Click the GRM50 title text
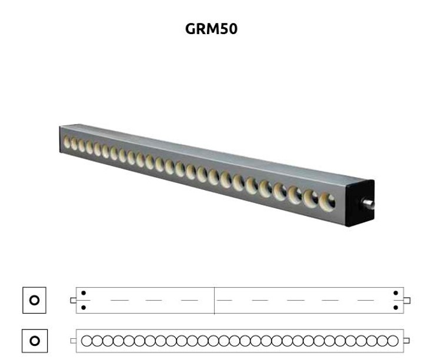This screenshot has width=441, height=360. [x=211, y=29]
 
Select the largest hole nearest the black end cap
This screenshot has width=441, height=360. [x=328, y=202]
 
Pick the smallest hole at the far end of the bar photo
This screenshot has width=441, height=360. [x=66, y=141]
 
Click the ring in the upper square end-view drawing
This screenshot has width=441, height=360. [x=34, y=300]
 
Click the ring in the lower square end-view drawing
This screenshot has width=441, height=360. [x=35, y=341]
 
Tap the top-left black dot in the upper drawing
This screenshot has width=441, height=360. [x=83, y=293]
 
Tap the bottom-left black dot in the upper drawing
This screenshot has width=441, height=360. [x=83, y=308]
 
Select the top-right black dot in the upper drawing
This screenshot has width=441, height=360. [x=396, y=293]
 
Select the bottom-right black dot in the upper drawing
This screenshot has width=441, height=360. [x=396, y=308]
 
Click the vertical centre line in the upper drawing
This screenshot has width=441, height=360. [x=214, y=301]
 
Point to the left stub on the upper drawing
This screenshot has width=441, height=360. [x=73, y=301]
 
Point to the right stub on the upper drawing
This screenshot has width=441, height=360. [x=407, y=301]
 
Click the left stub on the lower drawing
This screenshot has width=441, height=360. [x=73, y=341]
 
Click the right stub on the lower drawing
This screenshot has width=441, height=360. [x=406, y=341]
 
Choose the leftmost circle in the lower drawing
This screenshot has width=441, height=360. [x=86, y=341]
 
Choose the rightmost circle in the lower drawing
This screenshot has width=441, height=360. [x=393, y=341]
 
